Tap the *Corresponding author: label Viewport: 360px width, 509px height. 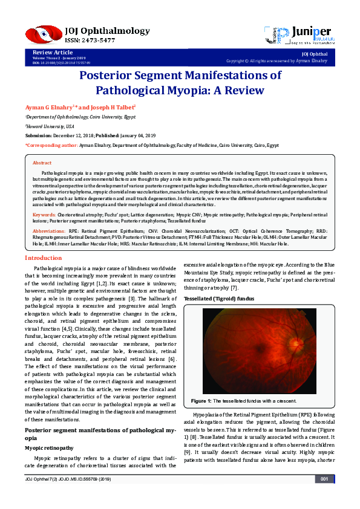coord(52,146)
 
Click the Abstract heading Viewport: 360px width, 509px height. coord(42,163)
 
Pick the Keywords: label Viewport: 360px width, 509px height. coord(44,215)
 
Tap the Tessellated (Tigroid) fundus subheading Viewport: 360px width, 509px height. coord(220,299)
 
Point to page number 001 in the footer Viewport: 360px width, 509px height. coord(324,496)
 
